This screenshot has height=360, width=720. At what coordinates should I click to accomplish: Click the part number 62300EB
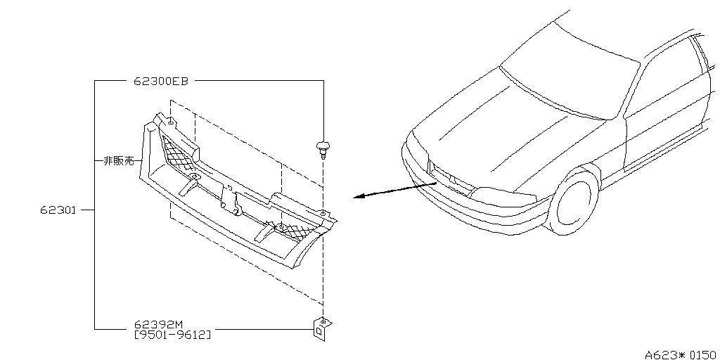point(161,82)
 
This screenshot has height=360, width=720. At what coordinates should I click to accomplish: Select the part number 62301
point(58,210)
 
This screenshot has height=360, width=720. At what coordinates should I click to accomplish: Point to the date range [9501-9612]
point(173,335)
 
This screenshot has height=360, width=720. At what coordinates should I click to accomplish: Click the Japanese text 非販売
point(118,161)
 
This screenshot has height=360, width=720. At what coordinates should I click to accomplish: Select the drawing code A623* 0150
point(682,355)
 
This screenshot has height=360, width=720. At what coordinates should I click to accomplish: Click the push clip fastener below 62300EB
point(323,148)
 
